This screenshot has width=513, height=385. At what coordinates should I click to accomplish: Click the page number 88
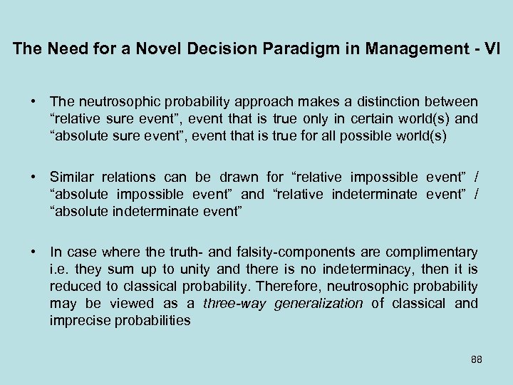coord(477,359)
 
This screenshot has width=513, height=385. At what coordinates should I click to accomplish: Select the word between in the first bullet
coord(452,103)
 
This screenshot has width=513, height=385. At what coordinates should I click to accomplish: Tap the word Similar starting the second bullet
coord(73,178)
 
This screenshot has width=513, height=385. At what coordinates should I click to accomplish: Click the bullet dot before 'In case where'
coord(33,252)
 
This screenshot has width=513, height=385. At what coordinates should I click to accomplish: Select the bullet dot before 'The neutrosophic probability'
coord(33,102)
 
